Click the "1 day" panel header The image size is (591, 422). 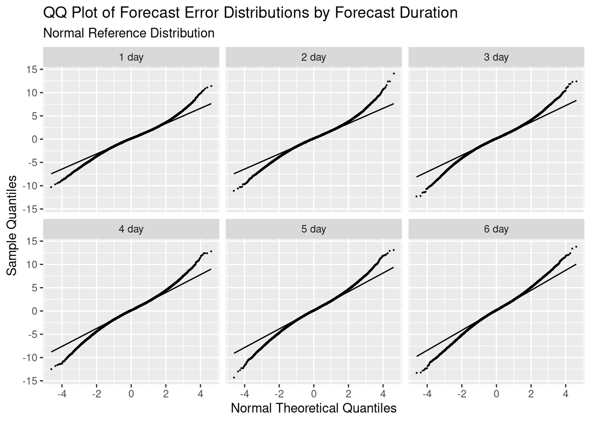(x=131, y=57)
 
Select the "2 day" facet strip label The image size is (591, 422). (x=314, y=57)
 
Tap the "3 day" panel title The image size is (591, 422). (x=496, y=57)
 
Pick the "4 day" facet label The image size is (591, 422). (x=131, y=229)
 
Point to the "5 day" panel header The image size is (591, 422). (x=314, y=229)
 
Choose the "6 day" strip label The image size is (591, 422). (x=496, y=229)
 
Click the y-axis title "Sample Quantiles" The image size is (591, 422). (x=12, y=226)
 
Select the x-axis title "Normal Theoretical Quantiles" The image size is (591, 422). (x=314, y=408)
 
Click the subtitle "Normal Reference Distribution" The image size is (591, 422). (x=129, y=33)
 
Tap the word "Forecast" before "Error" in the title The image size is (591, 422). (x=147, y=13)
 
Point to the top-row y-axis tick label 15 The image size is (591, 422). (x=32, y=69)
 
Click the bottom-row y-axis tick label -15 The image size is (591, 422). (x=30, y=381)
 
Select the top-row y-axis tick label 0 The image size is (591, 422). (x=35, y=139)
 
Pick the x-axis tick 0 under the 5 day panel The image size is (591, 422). (x=314, y=394)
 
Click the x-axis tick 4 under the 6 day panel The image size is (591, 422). (x=565, y=394)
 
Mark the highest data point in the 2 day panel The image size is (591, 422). (x=394, y=74)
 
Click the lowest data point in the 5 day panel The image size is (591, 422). (x=234, y=378)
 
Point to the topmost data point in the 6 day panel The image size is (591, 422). (x=576, y=247)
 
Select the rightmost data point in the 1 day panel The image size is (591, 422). (x=212, y=86)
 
